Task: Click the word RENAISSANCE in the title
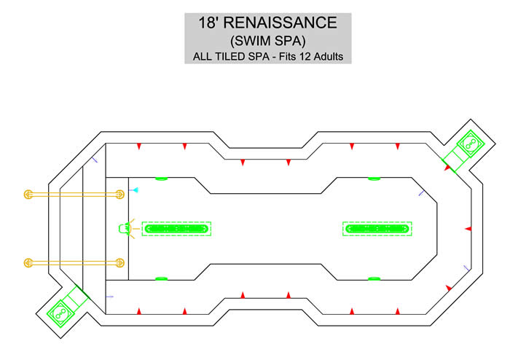click(x=280, y=23)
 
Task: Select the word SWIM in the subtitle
click(x=251, y=41)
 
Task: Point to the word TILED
click(x=231, y=57)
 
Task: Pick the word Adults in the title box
click(x=328, y=57)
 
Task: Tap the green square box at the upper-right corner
click(x=471, y=144)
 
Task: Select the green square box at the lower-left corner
click(x=60, y=313)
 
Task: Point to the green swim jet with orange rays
click(x=125, y=229)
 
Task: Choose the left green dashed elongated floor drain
click(x=176, y=229)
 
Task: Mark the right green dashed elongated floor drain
click(x=377, y=229)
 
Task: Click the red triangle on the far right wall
click(x=468, y=229)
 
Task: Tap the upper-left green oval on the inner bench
click(x=161, y=179)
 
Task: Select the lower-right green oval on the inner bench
click(x=374, y=278)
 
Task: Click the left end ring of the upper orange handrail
click(x=28, y=195)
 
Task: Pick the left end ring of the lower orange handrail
click(x=28, y=263)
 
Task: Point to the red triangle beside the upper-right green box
click(x=447, y=168)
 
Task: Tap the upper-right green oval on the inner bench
click(x=374, y=179)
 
